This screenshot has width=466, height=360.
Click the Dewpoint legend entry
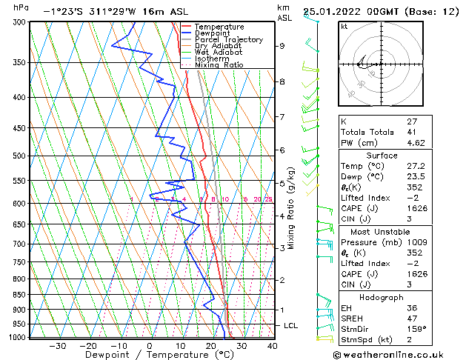tap(218, 33)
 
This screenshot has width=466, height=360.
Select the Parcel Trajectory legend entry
tap(228, 40)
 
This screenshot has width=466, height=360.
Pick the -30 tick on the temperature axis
tap(57, 345)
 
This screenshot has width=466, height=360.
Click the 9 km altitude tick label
tap(282, 46)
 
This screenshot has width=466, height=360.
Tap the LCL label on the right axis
tap(291, 326)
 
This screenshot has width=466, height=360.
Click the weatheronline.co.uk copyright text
tap(397, 354)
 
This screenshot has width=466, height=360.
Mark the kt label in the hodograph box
tap(344, 27)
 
